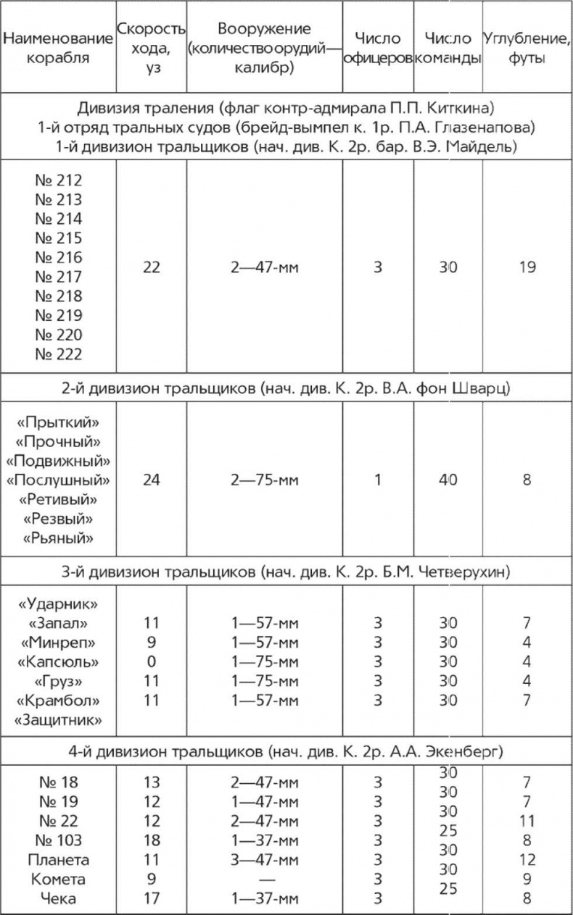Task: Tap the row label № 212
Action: coord(59,181)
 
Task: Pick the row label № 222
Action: coord(59,354)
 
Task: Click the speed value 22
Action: coord(152,267)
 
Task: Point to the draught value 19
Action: coord(527,267)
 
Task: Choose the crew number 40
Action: coord(448,480)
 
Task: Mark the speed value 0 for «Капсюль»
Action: coord(152,661)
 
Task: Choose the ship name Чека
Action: coord(59,899)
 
